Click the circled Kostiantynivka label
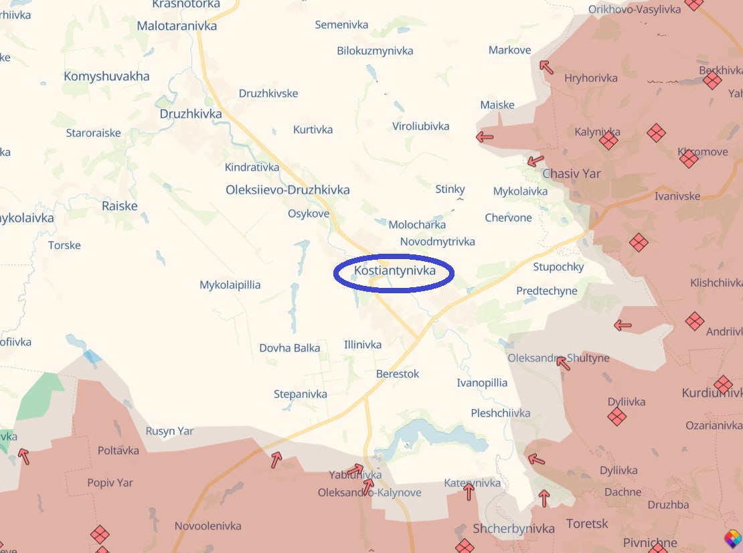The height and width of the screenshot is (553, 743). click(394, 271)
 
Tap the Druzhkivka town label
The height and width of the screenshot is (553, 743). click(191, 114)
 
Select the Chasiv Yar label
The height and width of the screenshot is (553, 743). click(572, 173)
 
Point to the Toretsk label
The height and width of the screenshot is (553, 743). click(587, 523)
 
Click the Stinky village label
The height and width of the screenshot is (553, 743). click(450, 189)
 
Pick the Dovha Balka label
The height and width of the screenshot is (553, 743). click(290, 348)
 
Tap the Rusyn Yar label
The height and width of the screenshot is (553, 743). click(169, 431)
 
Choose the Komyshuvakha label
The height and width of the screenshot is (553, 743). click(106, 76)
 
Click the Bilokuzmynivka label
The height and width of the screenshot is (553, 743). click(375, 51)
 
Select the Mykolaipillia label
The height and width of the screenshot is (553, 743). click(230, 285)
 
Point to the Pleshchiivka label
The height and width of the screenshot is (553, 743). click(501, 413)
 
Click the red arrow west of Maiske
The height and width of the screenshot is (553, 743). click(485, 137)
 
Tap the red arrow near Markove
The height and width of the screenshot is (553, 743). click(546, 66)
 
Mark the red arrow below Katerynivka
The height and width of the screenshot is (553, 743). click(469, 493)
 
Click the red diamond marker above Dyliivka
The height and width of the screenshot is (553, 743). click(616, 416)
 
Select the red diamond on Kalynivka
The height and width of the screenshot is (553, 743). click(608, 140)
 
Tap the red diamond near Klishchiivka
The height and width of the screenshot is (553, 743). click(639, 242)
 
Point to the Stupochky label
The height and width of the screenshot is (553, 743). click(558, 267)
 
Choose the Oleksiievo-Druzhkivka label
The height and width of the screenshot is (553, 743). click(288, 190)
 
